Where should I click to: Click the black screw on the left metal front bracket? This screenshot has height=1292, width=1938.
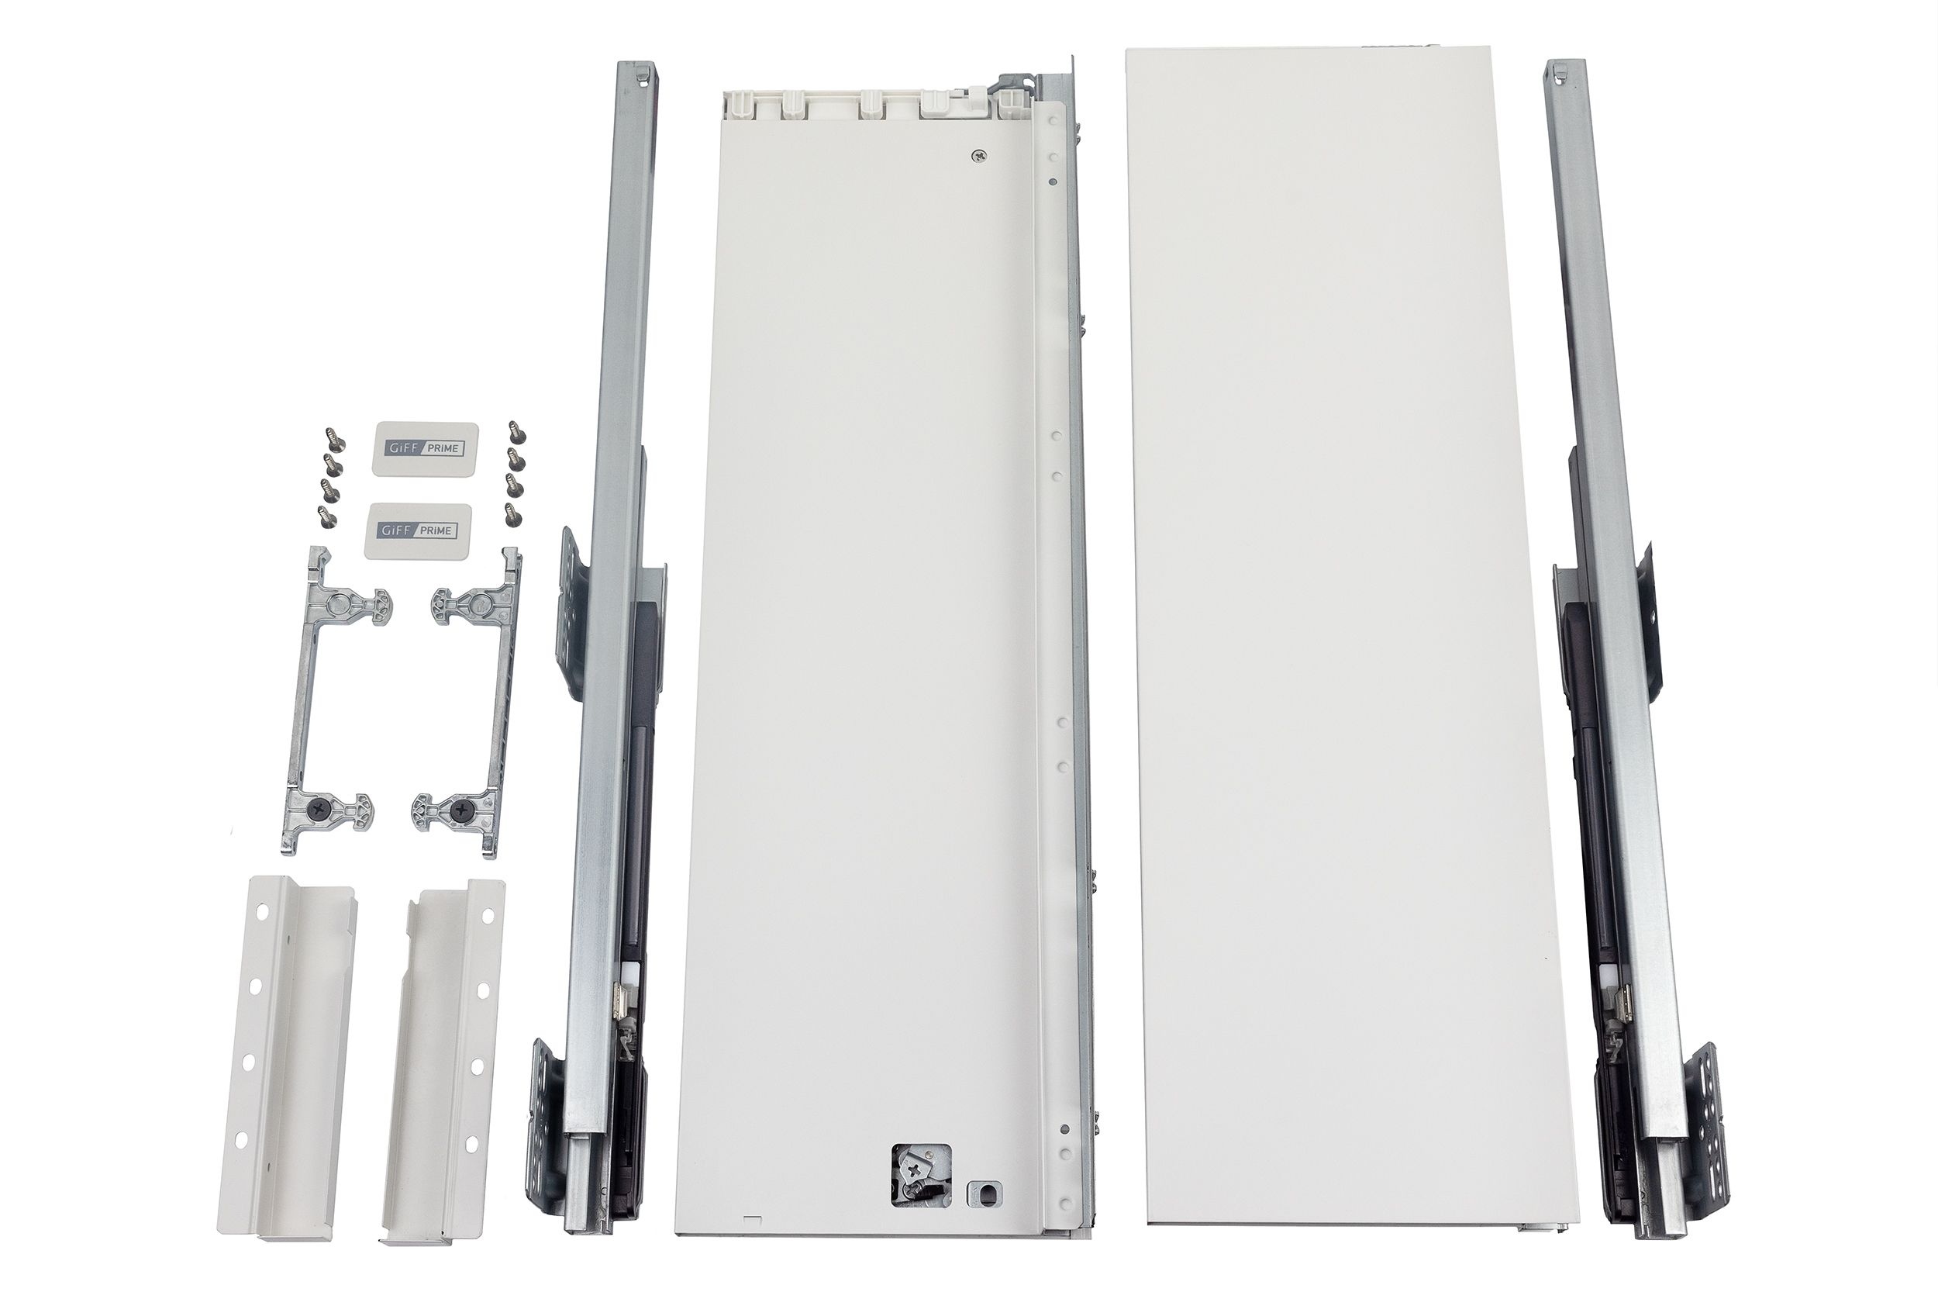tap(318, 811)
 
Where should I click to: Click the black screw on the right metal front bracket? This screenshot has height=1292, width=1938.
tap(458, 812)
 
